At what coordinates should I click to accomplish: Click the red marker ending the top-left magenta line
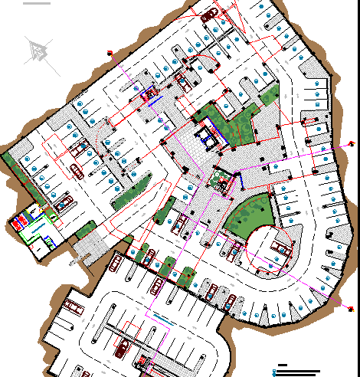point(110,53)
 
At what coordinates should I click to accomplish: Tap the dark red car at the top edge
point(210,15)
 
